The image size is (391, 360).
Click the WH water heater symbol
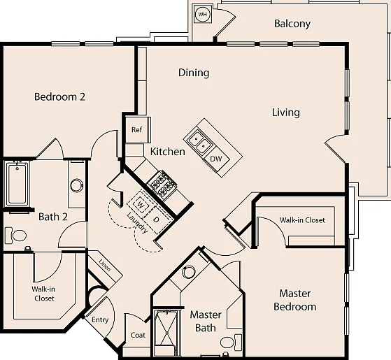click(202, 14)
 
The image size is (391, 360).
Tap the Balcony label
click(292, 24)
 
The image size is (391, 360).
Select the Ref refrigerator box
click(137, 129)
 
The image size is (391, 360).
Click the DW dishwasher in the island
click(216, 159)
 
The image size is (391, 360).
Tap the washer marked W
click(141, 206)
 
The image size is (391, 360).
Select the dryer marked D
click(156, 219)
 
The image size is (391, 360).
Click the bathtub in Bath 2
click(17, 184)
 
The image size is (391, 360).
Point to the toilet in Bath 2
click(15, 235)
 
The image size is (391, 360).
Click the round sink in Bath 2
click(77, 185)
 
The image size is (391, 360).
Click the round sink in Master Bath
click(188, 272)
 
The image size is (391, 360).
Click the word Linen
click(104, 265)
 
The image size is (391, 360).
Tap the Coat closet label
click(138, 335)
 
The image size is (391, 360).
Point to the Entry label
click(100, 320)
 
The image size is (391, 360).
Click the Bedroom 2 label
click(59, 96)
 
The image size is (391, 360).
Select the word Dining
click(194, 73)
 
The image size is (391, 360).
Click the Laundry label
click(137, 223)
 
